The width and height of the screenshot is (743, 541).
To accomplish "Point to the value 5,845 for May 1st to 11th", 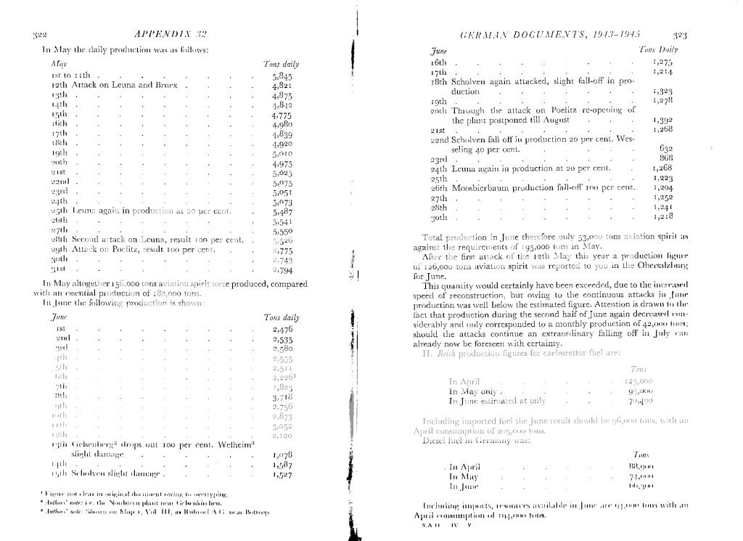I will point(282,75).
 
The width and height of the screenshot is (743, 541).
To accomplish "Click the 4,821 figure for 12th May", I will point(282,85).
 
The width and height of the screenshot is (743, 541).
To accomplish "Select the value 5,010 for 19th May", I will point(282,154).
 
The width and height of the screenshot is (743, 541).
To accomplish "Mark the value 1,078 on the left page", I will point(282,455).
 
